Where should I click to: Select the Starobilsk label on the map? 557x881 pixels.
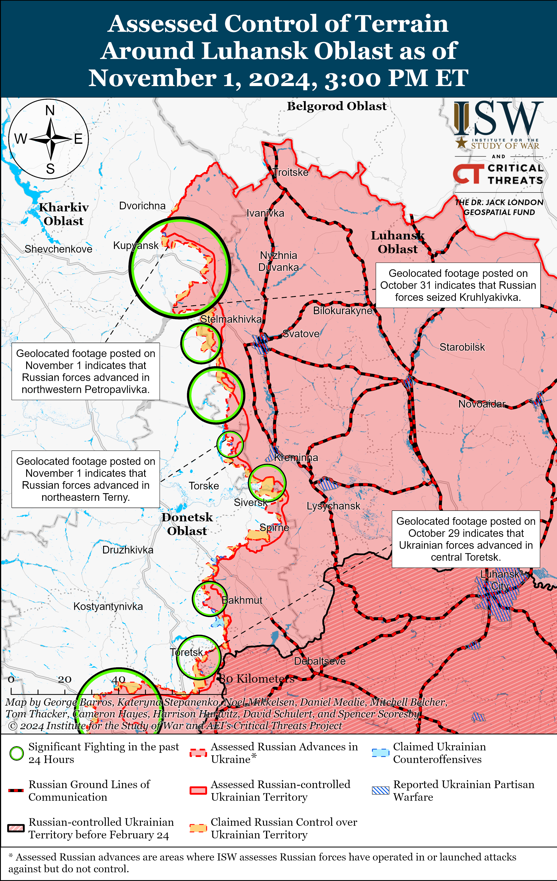pos(462,347)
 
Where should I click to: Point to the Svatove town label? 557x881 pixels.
pos(301,334)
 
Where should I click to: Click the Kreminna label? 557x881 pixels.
pos(296,457)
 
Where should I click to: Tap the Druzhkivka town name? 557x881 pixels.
pos(128,550)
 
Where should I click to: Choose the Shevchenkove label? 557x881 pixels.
pos(58,249)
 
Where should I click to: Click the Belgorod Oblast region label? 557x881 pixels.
pos(336,106)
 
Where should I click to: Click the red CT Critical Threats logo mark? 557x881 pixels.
pos(468,173)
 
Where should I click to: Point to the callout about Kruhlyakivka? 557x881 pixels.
pos(458,285)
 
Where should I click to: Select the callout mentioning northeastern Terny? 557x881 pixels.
pos(86,479)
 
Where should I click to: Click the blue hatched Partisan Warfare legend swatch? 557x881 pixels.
pos(380,791)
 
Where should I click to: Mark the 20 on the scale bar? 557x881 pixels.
pos(65,679)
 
